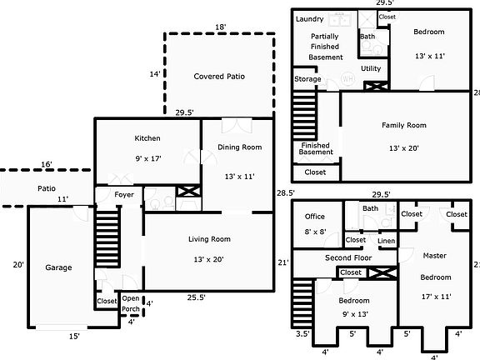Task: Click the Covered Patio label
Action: (x=219, y=76)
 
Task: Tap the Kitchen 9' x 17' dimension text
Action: (x=148, y=158)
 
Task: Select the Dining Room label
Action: (x=240, y=147)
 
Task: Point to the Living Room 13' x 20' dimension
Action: (x=208, y=260)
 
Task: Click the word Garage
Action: (x=58, y=267)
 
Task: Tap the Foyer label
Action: (x=124, y=195)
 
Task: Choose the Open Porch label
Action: (x=131, y=303)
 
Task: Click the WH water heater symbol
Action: (x=347, y=78)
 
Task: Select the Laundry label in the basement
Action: (x=309, y=19)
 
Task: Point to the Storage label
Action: (x=307, y=79)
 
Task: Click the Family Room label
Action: (x=404, y=125)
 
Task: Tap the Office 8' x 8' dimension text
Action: (x=315, y=232)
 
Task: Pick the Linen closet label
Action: (x=386, y=241)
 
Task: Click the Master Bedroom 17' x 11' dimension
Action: (x=436, y=297)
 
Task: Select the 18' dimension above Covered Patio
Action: (x=220, y=27)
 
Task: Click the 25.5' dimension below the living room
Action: (x=196, y=297)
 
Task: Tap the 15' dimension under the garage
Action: (x=74, y=337)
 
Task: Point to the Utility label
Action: (x=371, y=68)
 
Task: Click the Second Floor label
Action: (x=348, y=257)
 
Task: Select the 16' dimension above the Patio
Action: (x=47, y=164)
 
